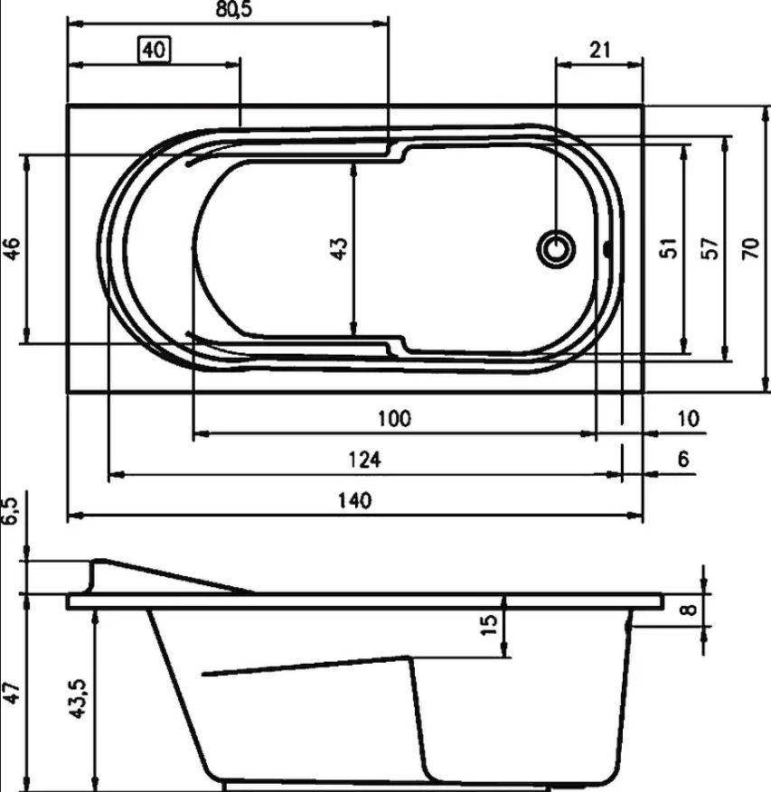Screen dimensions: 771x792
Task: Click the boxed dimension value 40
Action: point(155,50)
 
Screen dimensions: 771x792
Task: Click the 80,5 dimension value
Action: point(233,10)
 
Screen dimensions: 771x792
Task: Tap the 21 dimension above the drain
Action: point(599,50)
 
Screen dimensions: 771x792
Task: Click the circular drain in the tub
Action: point(556,248)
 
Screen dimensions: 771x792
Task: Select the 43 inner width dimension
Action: point(339,248)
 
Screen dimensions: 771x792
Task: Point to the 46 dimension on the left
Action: point(12,248)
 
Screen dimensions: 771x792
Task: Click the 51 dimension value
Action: point(668,248)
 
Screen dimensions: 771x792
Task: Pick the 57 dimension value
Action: point(710,248)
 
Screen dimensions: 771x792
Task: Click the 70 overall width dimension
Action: point(751,248)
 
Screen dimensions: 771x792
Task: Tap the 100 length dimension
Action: point(394,418)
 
